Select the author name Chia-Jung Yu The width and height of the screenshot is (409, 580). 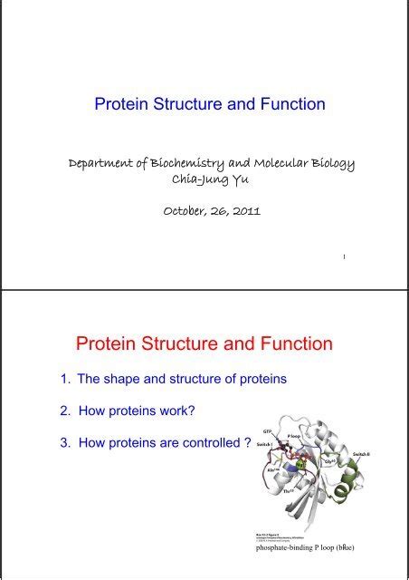coord(204,179)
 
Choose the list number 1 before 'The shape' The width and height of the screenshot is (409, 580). coord(63,380)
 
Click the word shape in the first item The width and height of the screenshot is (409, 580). coord(129,380)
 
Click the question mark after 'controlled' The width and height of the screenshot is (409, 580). coord(247,442)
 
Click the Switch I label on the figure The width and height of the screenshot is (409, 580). coord(265,445)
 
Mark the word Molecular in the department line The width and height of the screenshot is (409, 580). coord(291,164)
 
